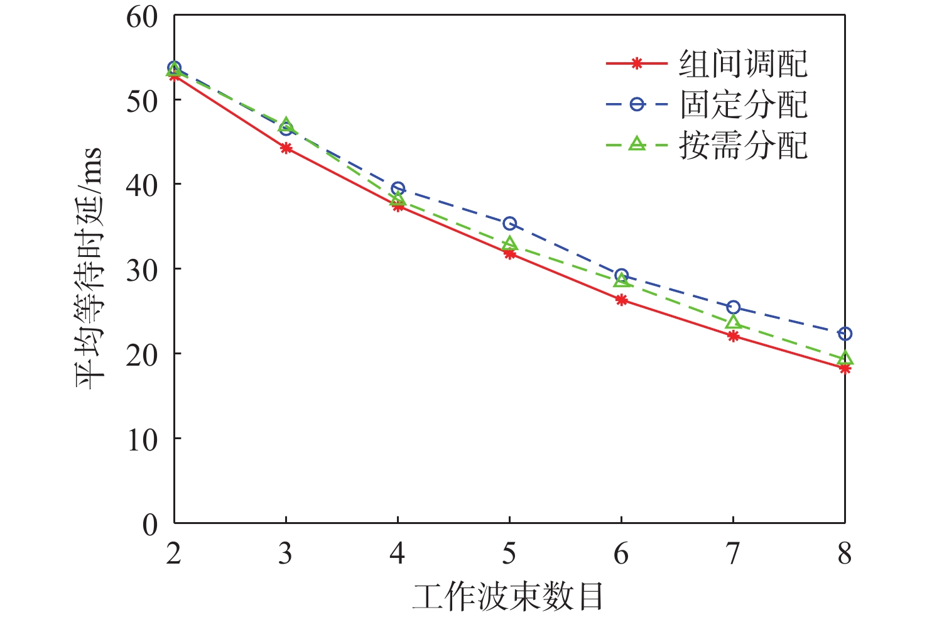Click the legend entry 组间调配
click(x=743, y=64)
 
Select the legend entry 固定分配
click(x=743, y=104)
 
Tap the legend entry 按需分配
click(x=743, y=145)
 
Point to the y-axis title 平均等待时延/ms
click(x=89, y=269)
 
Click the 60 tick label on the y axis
click(x=142, y=17)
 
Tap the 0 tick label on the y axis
click(x=150, y=525)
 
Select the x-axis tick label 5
click(x=509, y=554)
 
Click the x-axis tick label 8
click(x=845, y=554)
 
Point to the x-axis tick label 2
click(x=174, y=554)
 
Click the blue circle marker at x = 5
click(x=509, y=224)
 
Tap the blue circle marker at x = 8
click(x=845, y=334)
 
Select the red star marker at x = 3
click(x=286, y=148)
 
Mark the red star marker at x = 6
click(x=621, y=300)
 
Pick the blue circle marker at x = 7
click(x=733, y=307)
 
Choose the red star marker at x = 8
click(x=845, y=368)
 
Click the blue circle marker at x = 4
click(x=398, y=188)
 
